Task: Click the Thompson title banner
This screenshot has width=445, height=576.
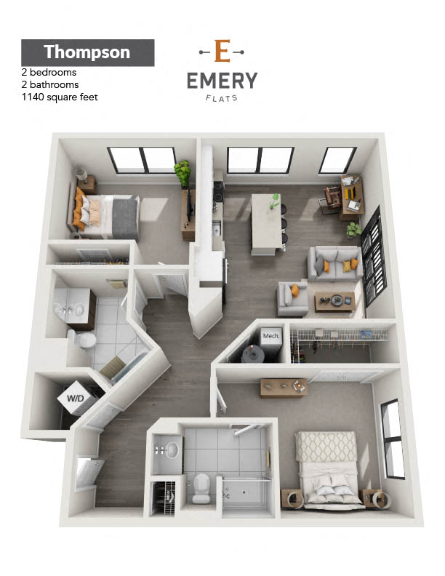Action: point(88,52)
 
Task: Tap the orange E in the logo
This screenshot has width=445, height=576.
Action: point(222,51)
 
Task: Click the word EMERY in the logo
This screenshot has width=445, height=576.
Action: point(222,81)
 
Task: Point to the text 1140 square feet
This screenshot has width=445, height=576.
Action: point(60,97)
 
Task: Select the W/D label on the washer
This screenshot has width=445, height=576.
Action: point(76,399)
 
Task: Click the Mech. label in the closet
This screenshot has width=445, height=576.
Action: point(271,336)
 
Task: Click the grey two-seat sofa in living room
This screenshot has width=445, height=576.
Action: point(335,263)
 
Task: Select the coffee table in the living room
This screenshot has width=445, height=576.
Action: point(335,302)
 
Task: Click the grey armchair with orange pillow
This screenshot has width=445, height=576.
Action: point(292,298)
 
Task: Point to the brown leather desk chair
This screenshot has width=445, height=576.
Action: point(332,199)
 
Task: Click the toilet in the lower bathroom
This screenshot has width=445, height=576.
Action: point(201,487)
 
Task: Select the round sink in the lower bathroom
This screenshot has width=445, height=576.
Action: point(172,449)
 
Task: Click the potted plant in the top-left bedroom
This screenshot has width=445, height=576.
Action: point(183,173)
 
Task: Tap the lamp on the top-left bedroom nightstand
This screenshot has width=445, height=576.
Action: point(81,174)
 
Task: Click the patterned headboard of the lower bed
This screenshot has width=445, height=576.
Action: point(326,447)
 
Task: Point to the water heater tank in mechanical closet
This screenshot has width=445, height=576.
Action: point(252,354)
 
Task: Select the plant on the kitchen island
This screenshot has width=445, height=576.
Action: point(275,201)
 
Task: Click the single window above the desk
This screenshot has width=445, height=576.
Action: point(337,160)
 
